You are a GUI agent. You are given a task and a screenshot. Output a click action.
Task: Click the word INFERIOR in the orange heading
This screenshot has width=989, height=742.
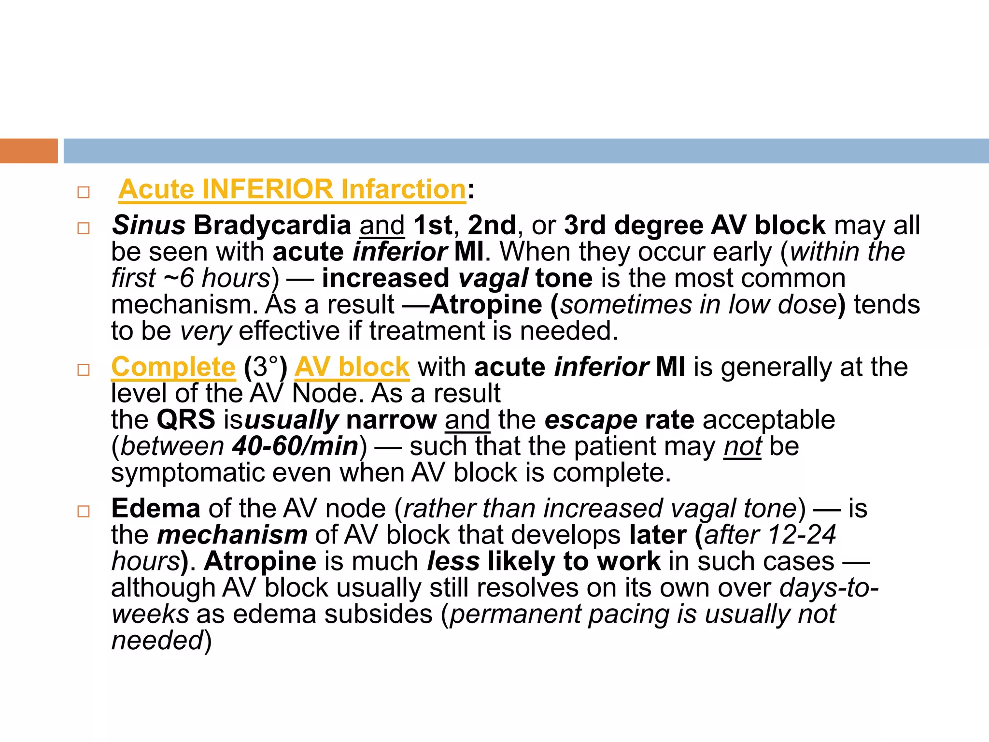268,189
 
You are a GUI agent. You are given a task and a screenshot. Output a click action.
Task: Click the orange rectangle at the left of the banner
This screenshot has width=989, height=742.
28,151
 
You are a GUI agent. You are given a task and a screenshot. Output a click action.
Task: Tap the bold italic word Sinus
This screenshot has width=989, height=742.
149,225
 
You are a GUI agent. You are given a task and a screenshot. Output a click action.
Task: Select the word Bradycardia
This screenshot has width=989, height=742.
272,225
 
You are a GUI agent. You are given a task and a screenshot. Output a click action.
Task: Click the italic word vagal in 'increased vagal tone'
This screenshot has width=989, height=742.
493,278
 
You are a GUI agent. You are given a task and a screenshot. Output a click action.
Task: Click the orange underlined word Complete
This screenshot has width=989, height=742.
173,367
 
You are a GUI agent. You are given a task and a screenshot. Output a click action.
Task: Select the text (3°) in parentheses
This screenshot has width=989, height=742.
266,367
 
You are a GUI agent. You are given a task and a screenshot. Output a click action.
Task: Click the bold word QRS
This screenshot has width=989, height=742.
186,419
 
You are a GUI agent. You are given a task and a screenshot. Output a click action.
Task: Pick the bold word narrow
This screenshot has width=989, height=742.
391,419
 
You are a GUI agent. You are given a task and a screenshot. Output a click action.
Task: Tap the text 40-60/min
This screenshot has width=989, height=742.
295,446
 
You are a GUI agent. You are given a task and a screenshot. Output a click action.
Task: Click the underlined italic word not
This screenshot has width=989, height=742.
742,446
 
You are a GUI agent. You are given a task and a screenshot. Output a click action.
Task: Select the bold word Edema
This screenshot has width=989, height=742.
155,508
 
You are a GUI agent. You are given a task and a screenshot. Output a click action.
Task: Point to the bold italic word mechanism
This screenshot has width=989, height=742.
232,535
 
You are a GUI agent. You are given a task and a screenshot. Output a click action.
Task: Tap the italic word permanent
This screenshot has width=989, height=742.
515,614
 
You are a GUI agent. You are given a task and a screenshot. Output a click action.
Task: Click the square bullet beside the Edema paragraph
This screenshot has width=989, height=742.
84,511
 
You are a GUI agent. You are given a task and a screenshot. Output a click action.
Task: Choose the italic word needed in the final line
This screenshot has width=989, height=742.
157,641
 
